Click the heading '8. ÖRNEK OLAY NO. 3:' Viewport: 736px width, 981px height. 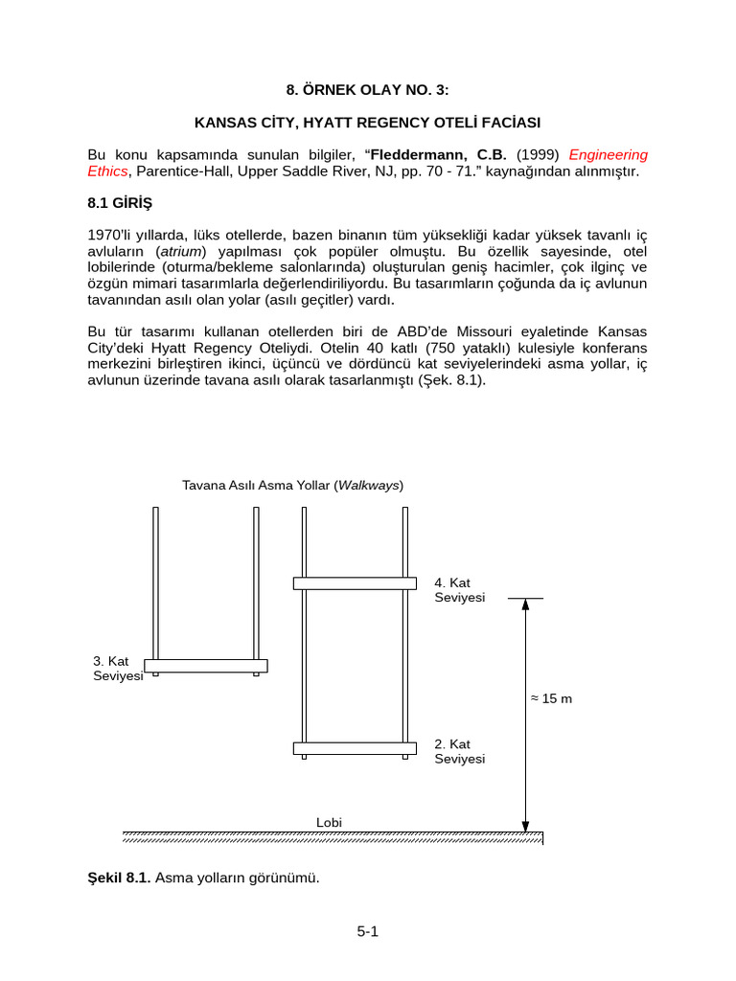367,91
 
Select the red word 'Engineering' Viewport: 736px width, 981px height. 609,154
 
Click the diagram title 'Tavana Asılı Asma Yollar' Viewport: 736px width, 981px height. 256,486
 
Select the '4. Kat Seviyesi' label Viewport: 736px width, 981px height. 460,590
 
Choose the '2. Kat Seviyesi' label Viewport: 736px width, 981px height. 460,751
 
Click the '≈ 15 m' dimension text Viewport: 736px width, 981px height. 551,698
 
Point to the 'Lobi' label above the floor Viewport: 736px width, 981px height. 329,822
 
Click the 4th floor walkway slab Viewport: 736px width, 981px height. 354,583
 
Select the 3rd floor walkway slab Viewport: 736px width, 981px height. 205,665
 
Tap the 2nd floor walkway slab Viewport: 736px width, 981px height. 354,748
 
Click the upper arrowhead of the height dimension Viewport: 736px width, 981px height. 525,605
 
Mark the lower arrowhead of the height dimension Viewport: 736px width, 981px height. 525,825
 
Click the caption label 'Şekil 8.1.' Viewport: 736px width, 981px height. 119,878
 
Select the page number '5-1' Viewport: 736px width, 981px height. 368,931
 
